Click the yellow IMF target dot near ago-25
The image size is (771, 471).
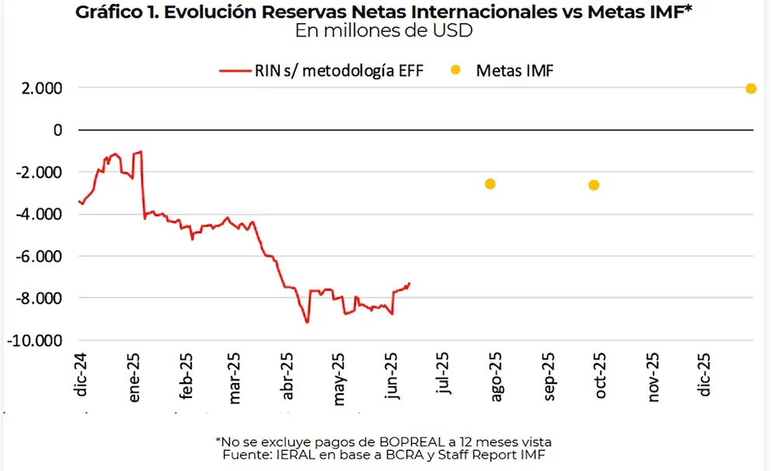[x=490, y=184]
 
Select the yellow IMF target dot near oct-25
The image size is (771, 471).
[x=594, y=185]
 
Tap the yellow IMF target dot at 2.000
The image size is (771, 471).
[x=751, y=89]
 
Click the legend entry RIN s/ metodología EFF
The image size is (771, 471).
[x=323, y=71]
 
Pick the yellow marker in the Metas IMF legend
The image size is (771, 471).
[x=455, y=71]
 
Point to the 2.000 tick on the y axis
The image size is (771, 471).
[x=42, y=89]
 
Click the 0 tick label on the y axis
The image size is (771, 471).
[x=58, y=130]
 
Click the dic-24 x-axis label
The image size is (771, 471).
[x=82, y=375]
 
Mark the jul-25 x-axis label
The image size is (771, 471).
[x=442, y=374]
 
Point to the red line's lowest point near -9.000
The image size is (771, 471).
[x=307, y=322]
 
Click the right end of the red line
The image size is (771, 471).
[x=410, y=284]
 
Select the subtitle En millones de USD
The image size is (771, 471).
[x=384, y=31]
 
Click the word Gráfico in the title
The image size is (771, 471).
[x=110, y=12]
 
